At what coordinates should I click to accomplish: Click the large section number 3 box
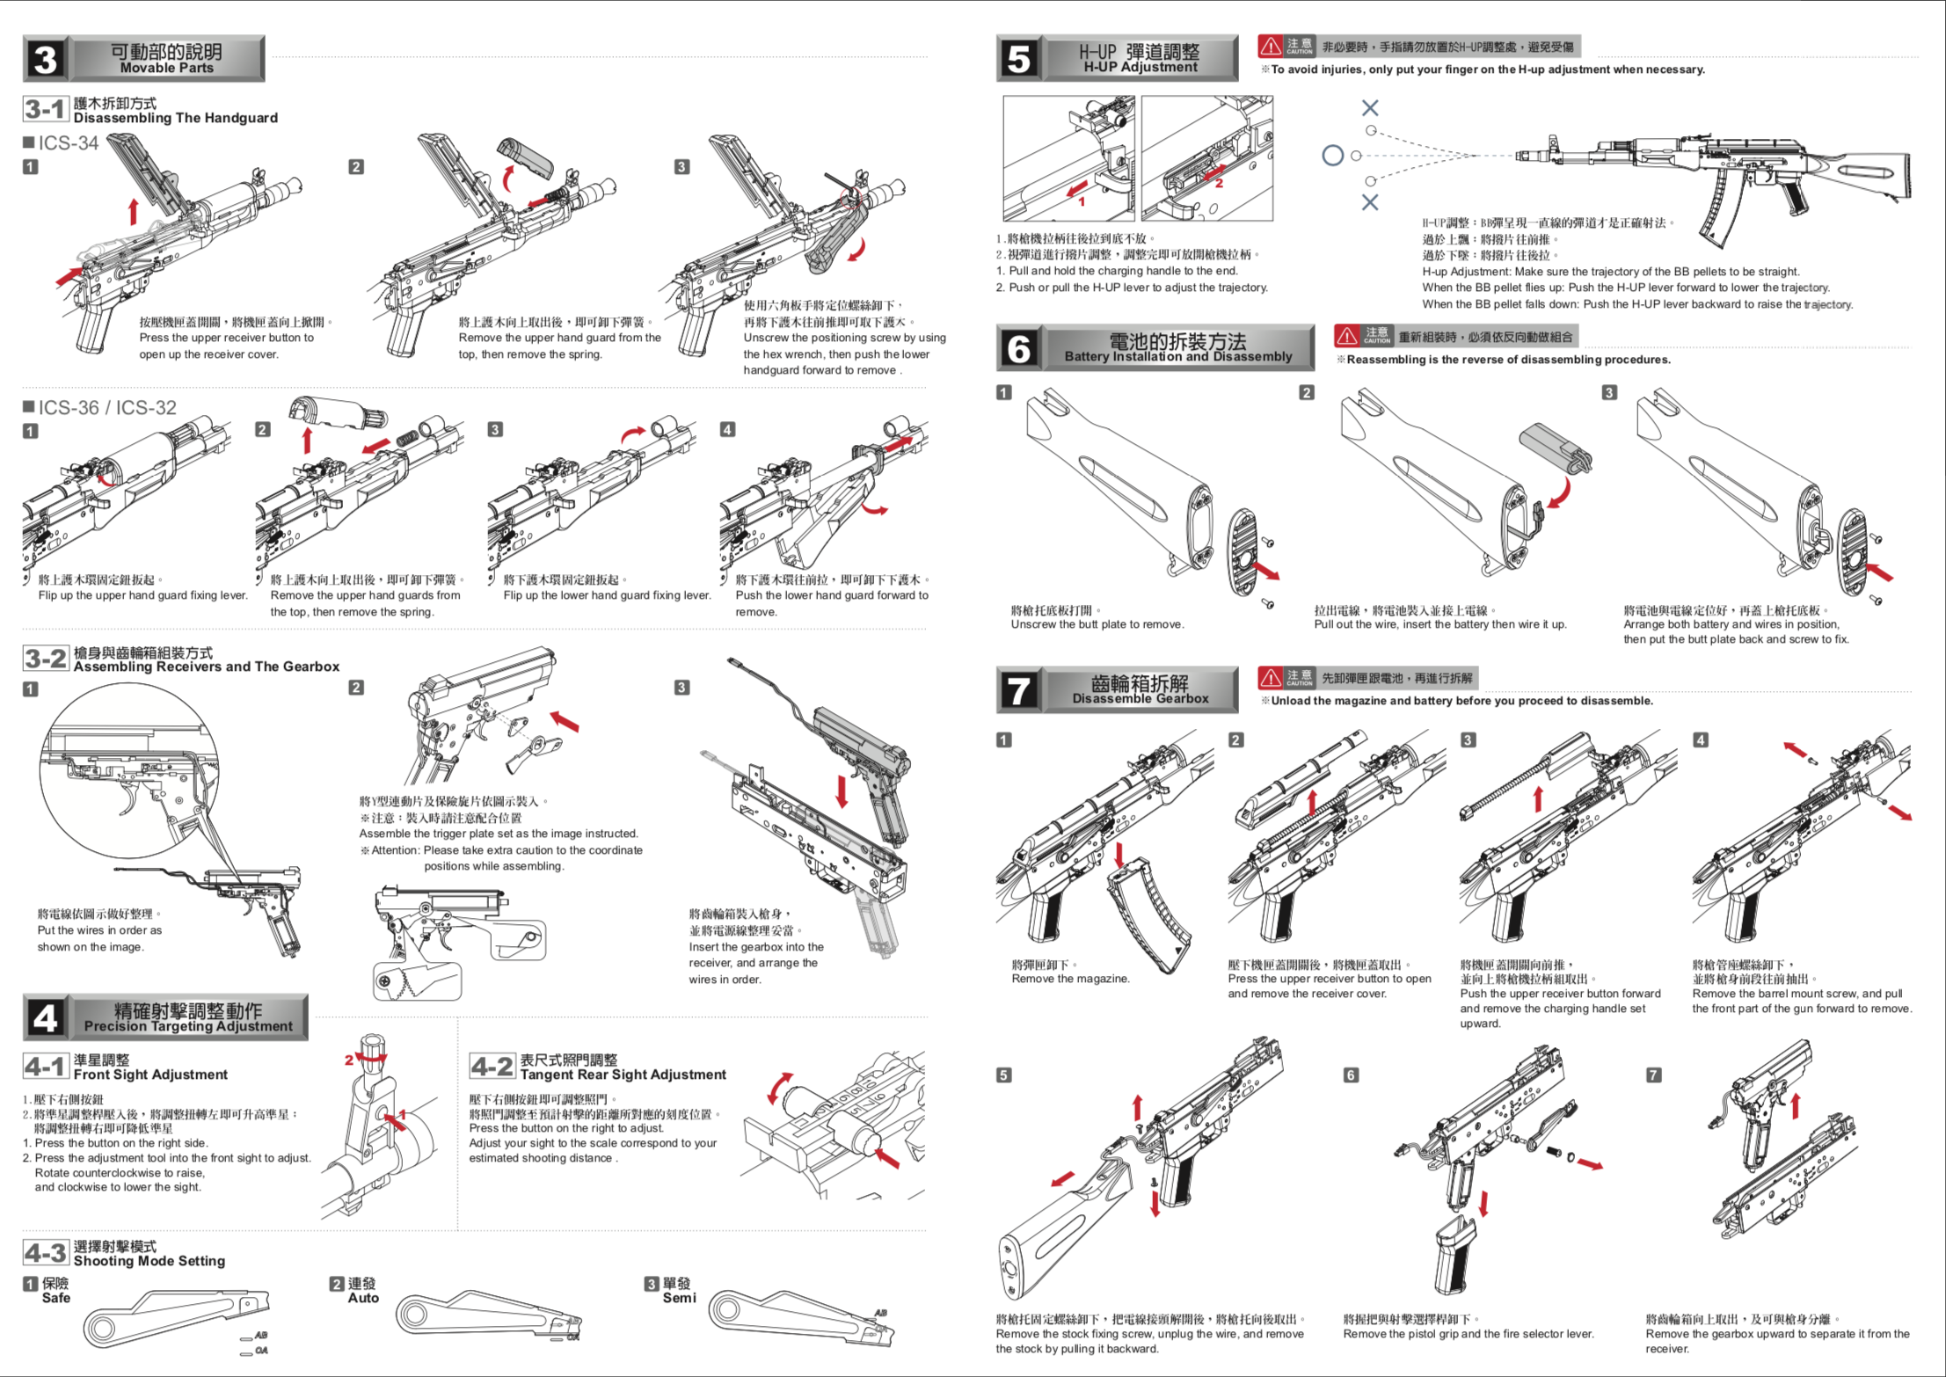pyautogui.click(x=45, y=59)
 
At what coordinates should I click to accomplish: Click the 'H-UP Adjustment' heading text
pyautogui.click(x=1140, y=68)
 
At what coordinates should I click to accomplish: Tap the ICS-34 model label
pyautogui.click(x=68, y=143)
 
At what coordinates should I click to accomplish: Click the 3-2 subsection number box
pyautogui.click(x=45, y=659)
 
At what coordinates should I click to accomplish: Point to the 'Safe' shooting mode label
pyautogui.click(x=55, y=1298)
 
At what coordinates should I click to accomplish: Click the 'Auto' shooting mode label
pyautogui.click(x=363, y=1298)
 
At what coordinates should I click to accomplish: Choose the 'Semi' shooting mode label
pyautogui.click(x=679, y=1298)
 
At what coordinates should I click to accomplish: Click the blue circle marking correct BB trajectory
pyautogui.click(x=1332, y=156)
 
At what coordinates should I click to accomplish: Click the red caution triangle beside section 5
pyautogui.click(x=1270, y=46)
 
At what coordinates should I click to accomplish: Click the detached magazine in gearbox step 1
pyautogui.click(x=1148, y=914)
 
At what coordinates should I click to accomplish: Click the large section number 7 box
pyautogui.click(x=1018, y=689)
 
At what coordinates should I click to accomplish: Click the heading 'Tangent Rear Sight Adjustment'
pyautogui.click(x=623, y=1075)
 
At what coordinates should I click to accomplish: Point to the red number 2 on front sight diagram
pyautogui.click(x=348, y=1060)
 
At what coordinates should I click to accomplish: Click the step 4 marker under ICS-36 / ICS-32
pyautogui.click(x=727, y=429)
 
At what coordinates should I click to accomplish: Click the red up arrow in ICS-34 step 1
pyautogui.click(x=134, y=211)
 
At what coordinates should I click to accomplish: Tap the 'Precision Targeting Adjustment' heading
pyautogui.click(x=188, y=1026)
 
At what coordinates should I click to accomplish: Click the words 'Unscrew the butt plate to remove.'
pyautogui.click(x=1097, y=624)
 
